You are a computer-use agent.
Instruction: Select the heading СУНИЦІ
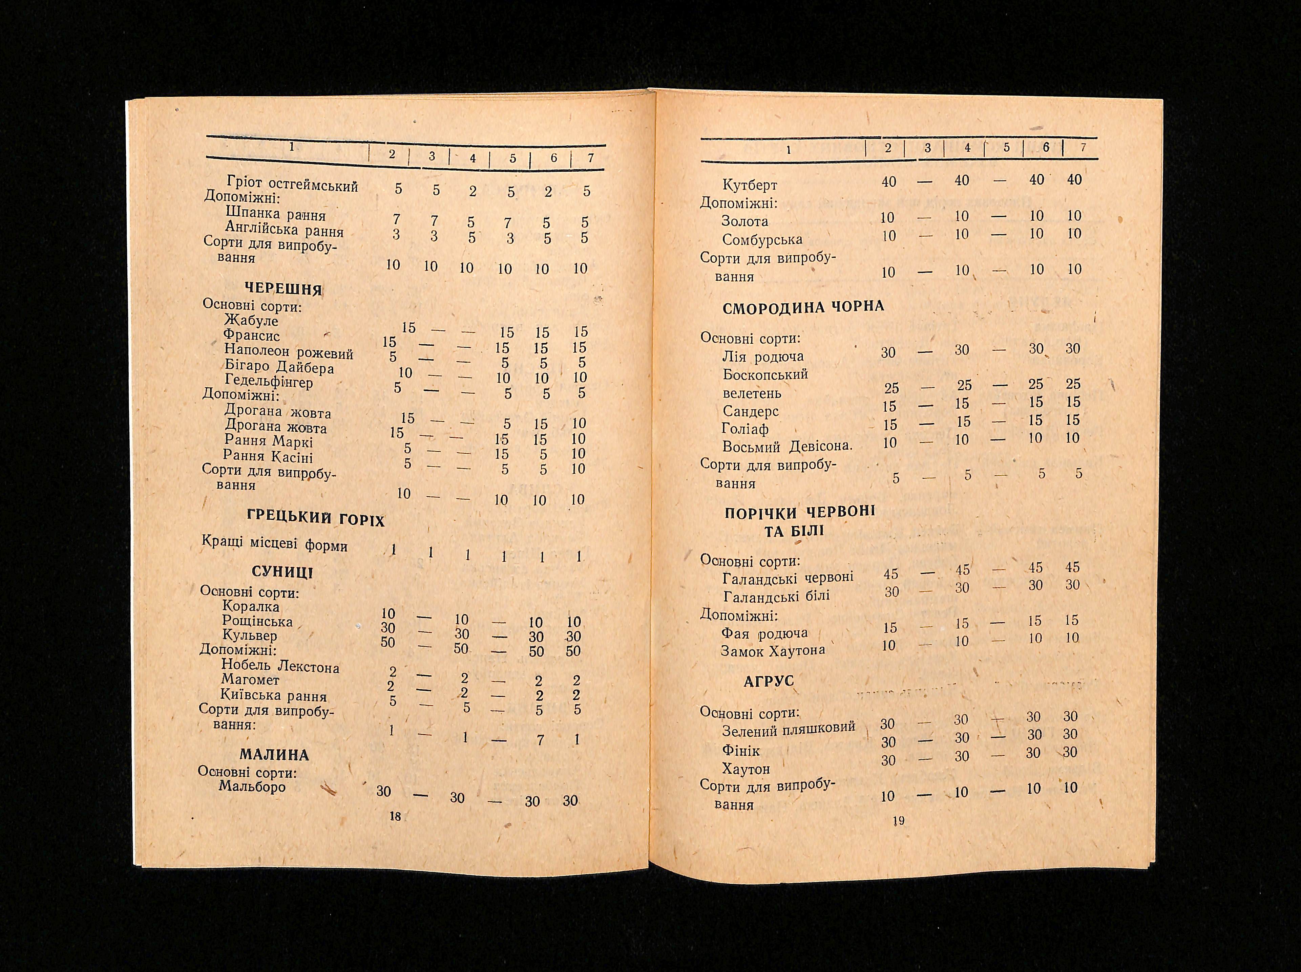pyautogui.click(x=282, y=572)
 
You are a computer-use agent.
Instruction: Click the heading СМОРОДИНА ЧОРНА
pyautogui.click(x=803, y=307)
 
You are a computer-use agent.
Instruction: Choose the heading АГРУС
pyautogui.click(x=768, y=681)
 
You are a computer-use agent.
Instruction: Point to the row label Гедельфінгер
pyautogui.click(x=269, y=382)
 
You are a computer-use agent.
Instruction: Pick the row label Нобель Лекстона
pyautogui.click(x=280, y=666)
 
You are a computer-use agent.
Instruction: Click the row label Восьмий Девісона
pyautogui.click(x=787, y=446)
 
